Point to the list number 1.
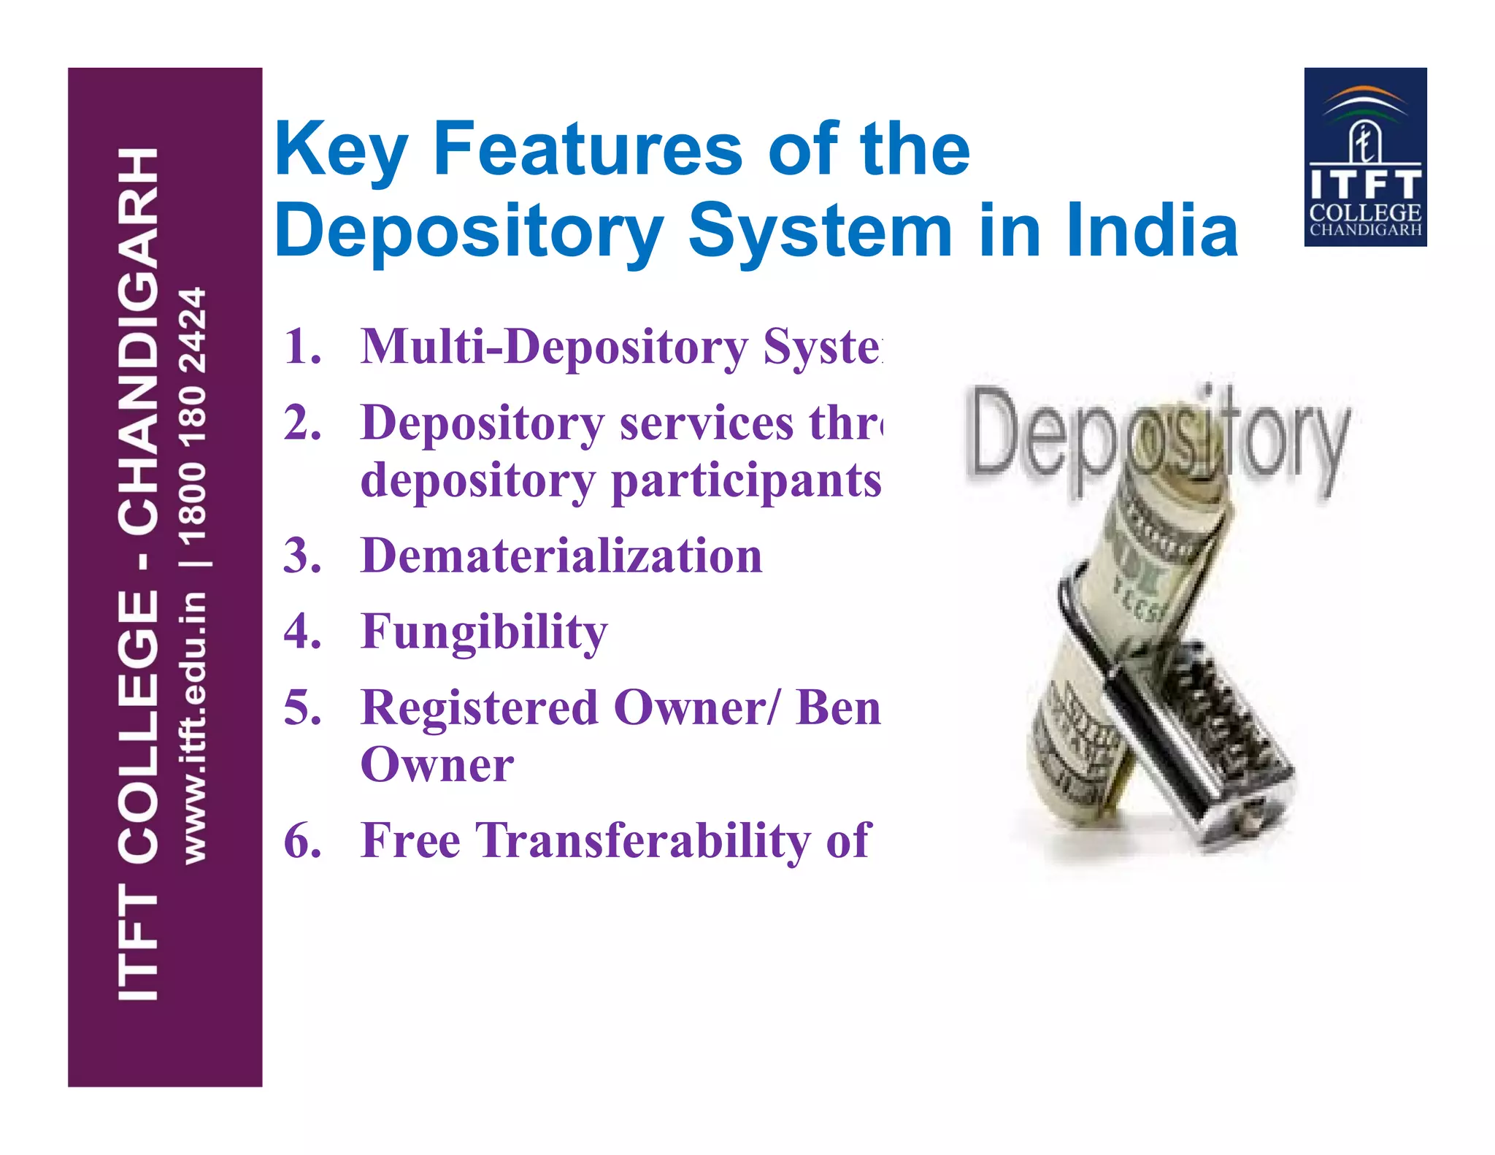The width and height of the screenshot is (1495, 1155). (302, 346)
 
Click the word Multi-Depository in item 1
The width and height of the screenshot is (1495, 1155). (554, 348)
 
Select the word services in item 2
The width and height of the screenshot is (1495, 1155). (706, 423)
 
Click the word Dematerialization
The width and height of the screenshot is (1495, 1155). (561, 556)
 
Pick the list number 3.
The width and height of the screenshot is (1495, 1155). (302, 556)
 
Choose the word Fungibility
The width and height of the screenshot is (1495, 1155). (484, 632)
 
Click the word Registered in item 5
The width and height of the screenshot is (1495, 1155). (480, 708)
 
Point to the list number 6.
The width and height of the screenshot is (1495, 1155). (302, 841)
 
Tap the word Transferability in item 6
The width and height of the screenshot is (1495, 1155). (643, 841)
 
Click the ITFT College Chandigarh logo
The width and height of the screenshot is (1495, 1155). (1365, 157)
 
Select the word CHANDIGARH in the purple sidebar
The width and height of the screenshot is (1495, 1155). (139, 340)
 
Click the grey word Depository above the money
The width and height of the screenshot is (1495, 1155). (1157, 438)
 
